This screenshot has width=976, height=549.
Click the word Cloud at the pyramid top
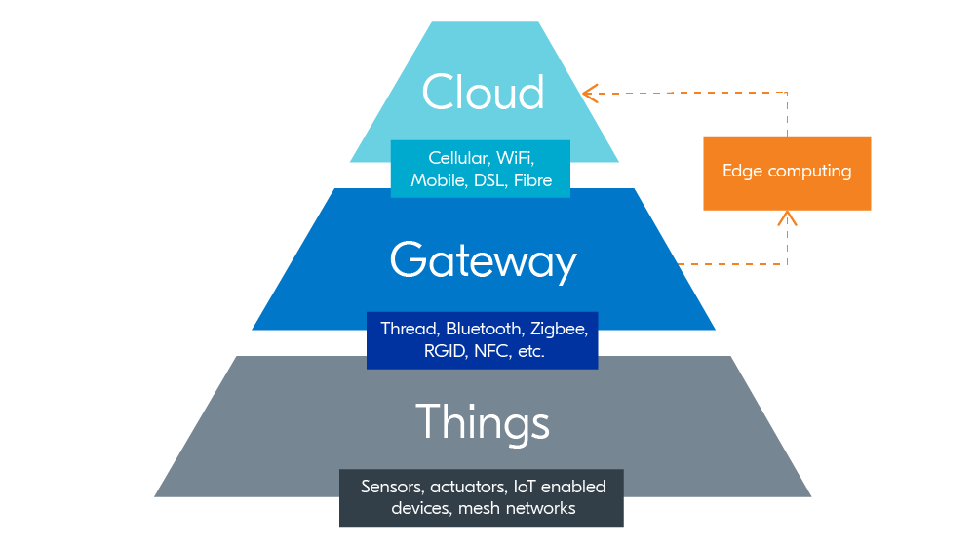pos(483,93)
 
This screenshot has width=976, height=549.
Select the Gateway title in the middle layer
pos(483,261)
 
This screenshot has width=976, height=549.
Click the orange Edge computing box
pos(787,173)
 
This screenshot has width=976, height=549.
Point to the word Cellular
pos(458,158)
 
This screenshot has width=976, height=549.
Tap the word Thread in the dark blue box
pos(410,329)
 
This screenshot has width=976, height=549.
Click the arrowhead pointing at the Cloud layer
pos(589,94)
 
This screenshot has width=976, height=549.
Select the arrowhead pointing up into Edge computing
pos(787,216)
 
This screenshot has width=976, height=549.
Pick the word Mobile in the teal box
pos(438,180)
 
